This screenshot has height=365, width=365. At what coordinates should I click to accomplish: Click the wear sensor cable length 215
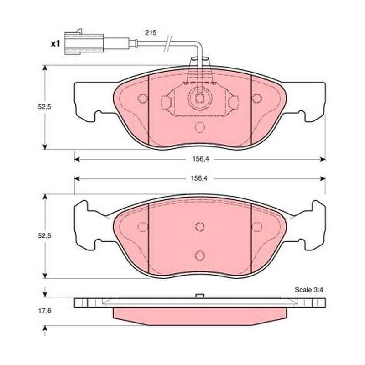pos(151,32)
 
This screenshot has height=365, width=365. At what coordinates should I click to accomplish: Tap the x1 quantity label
pos(55,43)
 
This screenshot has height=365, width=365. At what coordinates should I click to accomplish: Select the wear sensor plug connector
pos(84,42)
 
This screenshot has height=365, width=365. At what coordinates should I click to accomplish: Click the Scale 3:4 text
pos(309,290)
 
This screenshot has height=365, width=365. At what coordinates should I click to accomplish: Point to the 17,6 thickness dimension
pos(44,311)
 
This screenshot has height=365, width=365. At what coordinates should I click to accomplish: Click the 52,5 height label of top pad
pos(44,107)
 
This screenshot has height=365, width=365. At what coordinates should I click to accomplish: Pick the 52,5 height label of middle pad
pos(44,235)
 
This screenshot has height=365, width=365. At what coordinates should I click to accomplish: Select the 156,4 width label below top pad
pos(200,159)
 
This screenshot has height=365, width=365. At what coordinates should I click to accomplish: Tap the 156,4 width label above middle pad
pos(199,178)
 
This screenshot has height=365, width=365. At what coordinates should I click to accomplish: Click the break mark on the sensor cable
pos(168,43)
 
